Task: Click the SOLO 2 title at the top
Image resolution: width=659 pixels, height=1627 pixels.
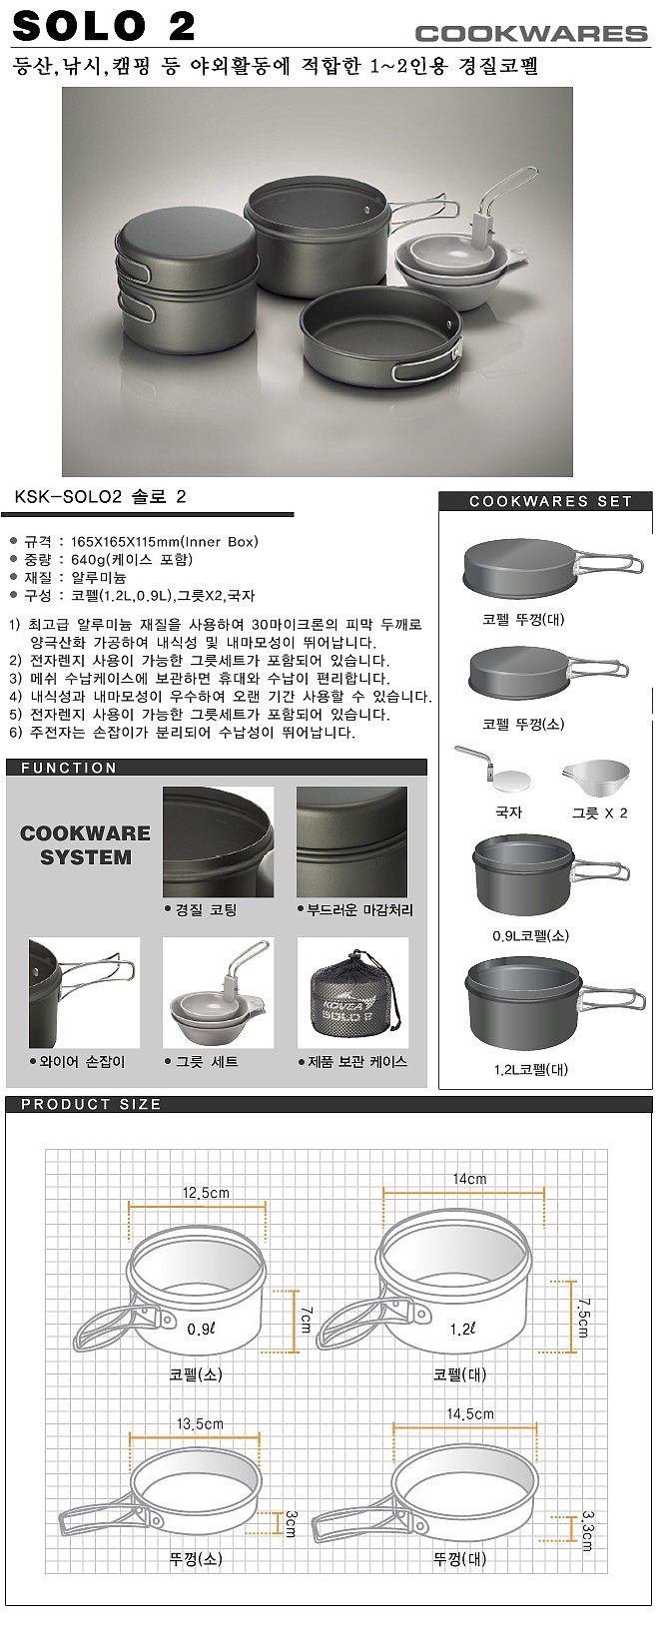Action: pyautogui.click(x=105, y=26)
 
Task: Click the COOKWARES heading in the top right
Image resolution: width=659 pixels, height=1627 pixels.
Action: pyautogui.click(x=531, y=34)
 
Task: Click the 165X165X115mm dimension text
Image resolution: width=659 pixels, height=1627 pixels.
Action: pyautogui.click(x=141, y=541)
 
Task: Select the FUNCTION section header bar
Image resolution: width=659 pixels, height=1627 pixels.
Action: pyautogui.click(x=216, y=767)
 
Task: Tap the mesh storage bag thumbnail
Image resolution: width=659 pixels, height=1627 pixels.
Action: pyautogui.click(x=352, y=993)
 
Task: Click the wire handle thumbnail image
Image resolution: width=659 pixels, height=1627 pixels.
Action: pyautogui.click(x=84, y=993)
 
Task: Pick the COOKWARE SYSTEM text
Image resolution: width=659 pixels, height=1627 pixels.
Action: pyautogui.click(x=85, y=844)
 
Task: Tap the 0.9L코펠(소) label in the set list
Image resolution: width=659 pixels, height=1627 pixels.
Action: pyautogui.click(x=531, y=935)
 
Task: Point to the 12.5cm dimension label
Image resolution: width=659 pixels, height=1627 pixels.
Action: pyautogui.click(x=206, y=1192)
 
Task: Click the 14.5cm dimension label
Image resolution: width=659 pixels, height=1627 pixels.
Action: pyautogui.click(x=469, y=1413)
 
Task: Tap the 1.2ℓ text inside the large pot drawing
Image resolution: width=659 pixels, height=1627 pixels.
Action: pyautogui.click(x=462, y=1329)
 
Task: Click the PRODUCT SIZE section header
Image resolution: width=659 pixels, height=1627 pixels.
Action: pyautogui.click(x=91, y=1104)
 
